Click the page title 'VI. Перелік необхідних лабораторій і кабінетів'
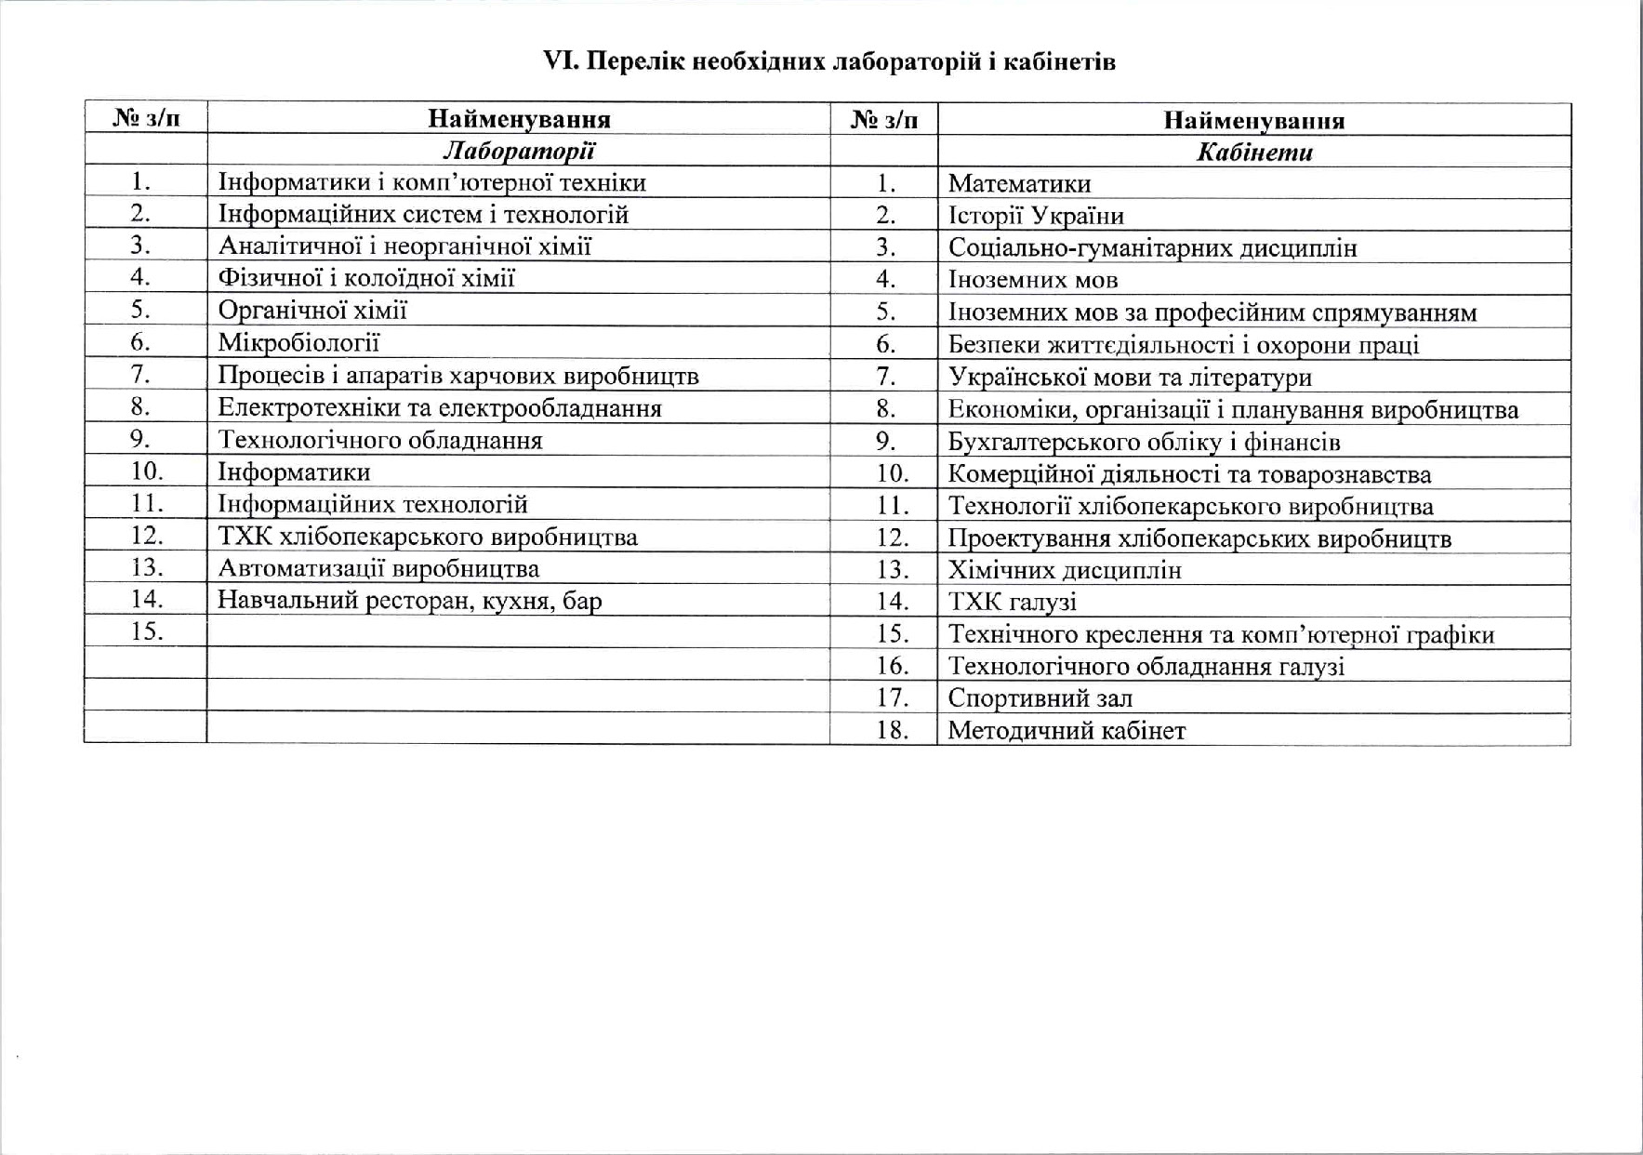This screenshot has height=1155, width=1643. tap(828, 61)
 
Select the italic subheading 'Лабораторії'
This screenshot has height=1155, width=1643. tap(518, 151)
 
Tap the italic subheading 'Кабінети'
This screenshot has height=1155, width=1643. tap(1253, 153)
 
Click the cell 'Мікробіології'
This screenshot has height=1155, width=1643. tap(298, 342)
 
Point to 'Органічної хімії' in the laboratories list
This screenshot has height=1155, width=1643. tap(312, 310)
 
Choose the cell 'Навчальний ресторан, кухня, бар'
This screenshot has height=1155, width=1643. tap(409, 600)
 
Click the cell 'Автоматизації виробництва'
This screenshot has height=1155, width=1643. tap(378, 568)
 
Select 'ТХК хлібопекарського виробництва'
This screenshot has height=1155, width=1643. tap(428, 537)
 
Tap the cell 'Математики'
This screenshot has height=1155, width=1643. tap(1019, 184)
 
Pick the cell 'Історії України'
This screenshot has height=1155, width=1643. tap(1036, 216)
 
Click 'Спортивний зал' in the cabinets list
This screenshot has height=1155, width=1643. tap(1040, 697)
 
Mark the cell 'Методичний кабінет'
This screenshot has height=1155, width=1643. tap(1067, 730)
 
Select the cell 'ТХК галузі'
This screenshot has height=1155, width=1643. tap(1012, 602)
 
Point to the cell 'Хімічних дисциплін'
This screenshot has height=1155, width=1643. tap(1065, 569)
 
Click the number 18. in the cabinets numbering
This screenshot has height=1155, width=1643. tap(892, 730)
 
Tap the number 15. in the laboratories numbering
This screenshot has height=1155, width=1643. tap(147, 631)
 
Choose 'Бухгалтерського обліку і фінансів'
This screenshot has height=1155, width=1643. tap(1144, 442)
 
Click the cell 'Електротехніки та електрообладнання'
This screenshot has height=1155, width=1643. tap(440, 407)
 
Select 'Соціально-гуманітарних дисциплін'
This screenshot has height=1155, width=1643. tap(1152, 248)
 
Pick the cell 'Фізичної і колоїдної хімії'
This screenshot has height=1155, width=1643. tap(366, 277)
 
